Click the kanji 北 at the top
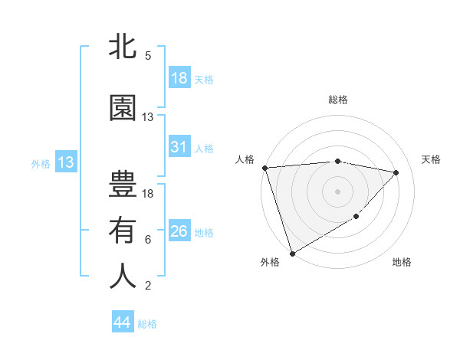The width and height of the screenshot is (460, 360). tap(123, 48)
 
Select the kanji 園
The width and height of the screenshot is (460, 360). tap(123, 110)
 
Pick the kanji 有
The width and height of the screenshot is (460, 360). tap(123, 231)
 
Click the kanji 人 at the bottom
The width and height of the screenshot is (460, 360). tap(123, 277)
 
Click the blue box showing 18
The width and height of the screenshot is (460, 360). tap(179, 78)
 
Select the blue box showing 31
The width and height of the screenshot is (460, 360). tap(179, 147)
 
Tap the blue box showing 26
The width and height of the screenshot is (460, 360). tap(179, 231)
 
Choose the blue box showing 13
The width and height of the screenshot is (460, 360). tap(66, 162)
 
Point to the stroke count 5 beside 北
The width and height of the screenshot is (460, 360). tap(148, 56)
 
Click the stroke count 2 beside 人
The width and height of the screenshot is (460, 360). tap(148, 286)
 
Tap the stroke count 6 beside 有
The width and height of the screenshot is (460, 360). tap(148, 240)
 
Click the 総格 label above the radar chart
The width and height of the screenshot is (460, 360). tap(338, 100)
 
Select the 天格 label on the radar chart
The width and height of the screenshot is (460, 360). tap(432, 159)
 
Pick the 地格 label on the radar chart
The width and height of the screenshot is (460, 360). tap(402, 262)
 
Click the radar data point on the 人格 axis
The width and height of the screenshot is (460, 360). tap(264, 168)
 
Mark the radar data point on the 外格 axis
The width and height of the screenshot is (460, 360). tap(292, 253)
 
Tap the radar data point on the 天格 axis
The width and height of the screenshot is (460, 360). tap(396, 172)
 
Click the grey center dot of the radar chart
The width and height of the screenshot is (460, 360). tap(338, 191)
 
